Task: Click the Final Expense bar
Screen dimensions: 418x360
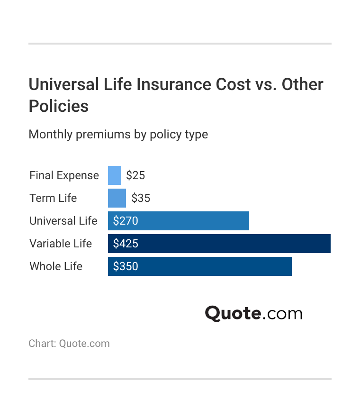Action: [115, 175]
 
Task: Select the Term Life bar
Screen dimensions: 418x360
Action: [117, 198]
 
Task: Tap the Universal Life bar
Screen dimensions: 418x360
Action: [189, 221]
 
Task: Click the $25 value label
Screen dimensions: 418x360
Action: [135, 175]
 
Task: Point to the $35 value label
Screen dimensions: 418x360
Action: [141, 198]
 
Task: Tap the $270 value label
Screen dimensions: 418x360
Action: [126, 221]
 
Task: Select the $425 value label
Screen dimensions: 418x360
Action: [126, 244]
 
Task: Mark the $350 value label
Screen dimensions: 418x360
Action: [126, 266]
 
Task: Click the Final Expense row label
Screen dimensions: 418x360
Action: [64, 175]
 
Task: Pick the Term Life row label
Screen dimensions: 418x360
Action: [53, 198]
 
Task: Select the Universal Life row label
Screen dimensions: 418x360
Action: [63, 221]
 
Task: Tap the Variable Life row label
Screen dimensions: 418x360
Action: [61, 244]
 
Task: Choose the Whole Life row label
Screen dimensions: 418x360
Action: [56, 266]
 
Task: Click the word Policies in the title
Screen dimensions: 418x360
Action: [59, 106]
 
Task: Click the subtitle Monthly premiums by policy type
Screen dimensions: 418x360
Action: [118, 135]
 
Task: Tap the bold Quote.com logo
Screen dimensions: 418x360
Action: [253, 313]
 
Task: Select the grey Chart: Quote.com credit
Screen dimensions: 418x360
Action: [69, 344]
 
